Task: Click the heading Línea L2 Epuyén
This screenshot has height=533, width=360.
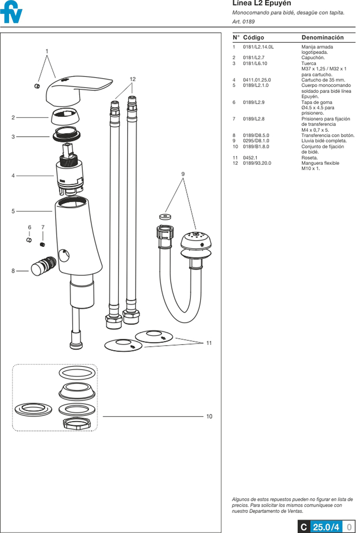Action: click(261, 3)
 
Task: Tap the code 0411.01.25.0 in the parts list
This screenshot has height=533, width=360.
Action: click(257, 80)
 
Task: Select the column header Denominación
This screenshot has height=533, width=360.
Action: click(322, 37)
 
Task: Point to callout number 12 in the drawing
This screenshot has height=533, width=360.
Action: click(132, 79)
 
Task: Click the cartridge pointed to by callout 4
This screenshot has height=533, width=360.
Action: click(70, 174)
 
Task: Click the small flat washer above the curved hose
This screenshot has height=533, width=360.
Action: click(165, 216)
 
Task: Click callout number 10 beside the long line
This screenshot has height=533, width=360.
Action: click(209, 416)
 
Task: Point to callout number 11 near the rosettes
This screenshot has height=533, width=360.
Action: click(209, 343)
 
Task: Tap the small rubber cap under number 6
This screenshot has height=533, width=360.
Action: click(29, 240)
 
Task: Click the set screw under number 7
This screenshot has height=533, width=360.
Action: click(43, 244)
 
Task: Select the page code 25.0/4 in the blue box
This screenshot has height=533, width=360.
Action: click(326, 527)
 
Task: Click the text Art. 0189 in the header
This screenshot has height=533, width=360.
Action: click(243, 22)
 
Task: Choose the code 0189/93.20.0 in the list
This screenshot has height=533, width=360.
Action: click(257, 163)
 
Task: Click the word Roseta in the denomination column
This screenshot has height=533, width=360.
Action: click(309, 158)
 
